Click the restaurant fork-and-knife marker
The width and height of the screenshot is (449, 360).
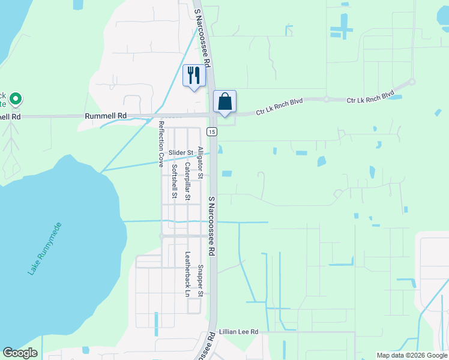click(x=194, y=76)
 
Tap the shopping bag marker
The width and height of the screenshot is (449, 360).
click(x=224, y=101)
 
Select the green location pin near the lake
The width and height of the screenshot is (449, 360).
click(x=15, y=98)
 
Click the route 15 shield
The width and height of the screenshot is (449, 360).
click(x=211, y=131)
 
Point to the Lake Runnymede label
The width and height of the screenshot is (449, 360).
click(x=44, y=248)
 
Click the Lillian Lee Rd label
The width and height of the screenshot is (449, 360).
click(x=238, y=332)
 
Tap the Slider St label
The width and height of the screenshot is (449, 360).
click(x=180, y=153)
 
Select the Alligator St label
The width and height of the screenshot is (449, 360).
click(x=200, y=163)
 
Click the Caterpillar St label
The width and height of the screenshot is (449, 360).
click(x=187, y=181)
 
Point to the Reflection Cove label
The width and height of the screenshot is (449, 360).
click(x=161, y=143)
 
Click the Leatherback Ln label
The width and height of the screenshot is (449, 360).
click(x=187, y=274)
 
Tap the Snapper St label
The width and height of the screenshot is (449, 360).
click(x=200, y=281)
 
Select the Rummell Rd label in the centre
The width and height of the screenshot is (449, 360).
click(x=106, y=115)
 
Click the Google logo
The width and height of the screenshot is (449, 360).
click(x=20, y=353)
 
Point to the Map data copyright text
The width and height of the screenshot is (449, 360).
click(x=411, y=355)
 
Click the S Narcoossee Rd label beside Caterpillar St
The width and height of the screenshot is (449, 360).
click(x=211, y=227)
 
